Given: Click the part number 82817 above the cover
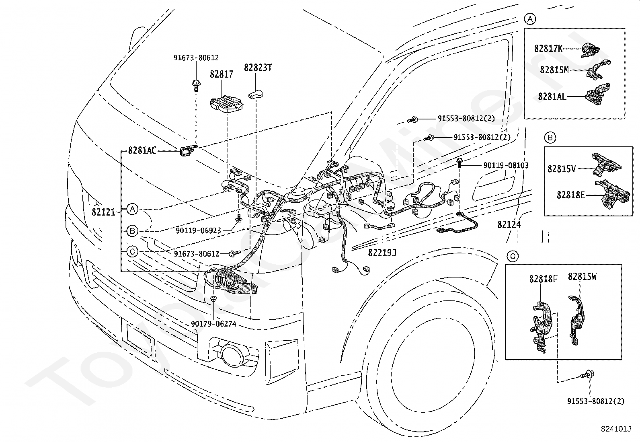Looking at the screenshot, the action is [222, 74].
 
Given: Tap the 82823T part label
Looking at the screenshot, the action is [258, 68].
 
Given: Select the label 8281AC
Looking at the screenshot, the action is [142, 150].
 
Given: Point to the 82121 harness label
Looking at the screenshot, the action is [103, 212].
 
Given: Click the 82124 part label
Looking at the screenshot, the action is [509, 225].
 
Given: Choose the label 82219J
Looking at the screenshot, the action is [382, 253].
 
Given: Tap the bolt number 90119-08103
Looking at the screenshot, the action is [506, 165].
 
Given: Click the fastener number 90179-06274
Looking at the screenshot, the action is [214, 324].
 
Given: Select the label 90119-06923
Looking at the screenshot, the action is [198, 230].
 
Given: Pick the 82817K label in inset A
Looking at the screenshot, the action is [548, 49].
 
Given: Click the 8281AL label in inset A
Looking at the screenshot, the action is [552, 97].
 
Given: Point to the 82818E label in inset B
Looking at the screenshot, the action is [570, 195].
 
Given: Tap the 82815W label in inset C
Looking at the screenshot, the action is [582, 276].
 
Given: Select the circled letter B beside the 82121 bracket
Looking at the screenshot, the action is [132, 231].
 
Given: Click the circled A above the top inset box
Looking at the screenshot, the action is [530, 19].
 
